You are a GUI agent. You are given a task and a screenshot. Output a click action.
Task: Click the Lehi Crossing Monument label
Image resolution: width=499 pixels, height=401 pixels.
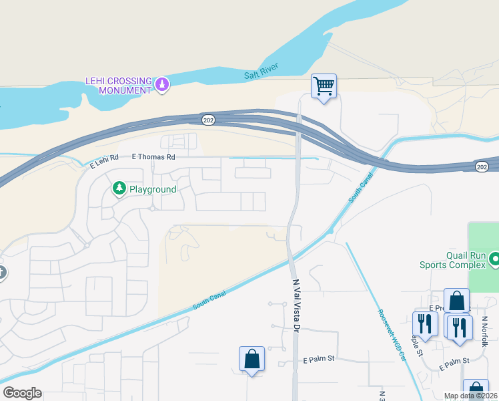point(118,85)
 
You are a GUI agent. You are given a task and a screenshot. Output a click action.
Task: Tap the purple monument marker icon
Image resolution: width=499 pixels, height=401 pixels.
point(162,84)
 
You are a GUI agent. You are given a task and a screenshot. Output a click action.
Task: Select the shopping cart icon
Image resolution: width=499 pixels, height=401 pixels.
point(324,86)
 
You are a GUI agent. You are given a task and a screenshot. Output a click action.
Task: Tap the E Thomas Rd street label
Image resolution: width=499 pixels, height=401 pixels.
point(153,157)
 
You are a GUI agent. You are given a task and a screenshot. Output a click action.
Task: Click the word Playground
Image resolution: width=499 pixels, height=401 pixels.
point(152,189)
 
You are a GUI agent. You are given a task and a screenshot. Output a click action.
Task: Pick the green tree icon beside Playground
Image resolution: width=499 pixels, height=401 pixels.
point(119,189)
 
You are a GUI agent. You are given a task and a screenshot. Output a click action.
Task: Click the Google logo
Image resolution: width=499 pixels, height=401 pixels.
point(21,392)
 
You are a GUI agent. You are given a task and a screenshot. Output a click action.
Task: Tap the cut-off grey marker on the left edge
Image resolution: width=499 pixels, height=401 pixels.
point(2,273)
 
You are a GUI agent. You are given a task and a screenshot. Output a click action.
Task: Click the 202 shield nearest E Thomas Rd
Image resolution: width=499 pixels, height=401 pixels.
point(207,119)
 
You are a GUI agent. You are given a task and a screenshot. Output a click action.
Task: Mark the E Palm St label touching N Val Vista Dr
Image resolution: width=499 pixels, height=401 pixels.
point(318,359)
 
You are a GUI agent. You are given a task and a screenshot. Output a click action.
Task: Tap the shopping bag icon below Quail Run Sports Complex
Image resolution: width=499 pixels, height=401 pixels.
point(457,301)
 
